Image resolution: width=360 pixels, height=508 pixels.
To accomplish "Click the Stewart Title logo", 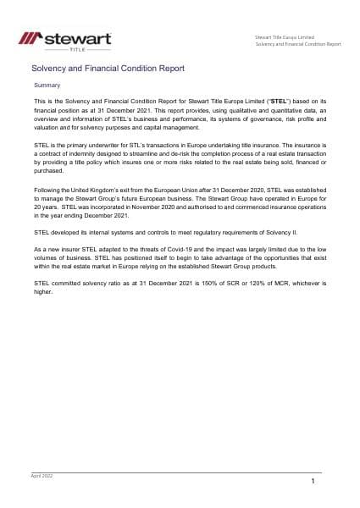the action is tap(58, 40).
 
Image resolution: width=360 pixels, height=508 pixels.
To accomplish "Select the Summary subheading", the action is tap(46, 86).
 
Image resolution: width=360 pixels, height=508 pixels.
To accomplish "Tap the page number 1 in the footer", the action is tap(313, 481).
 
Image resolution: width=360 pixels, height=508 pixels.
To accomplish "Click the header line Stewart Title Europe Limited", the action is tap(285, 37).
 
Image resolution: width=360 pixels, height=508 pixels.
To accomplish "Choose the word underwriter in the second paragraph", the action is tap(95, 146).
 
